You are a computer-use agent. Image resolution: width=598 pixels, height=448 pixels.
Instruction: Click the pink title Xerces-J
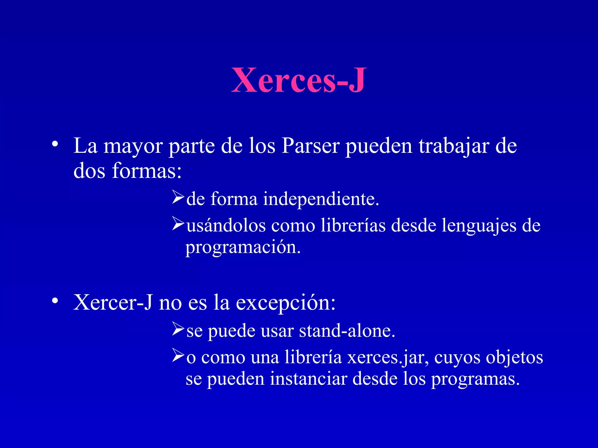pyautogui.click(x=298, y=80)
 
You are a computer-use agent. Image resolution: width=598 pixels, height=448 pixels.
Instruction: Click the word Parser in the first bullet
pyautogui.click(x=310, y=146)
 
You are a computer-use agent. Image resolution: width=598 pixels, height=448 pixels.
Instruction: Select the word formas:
pyautogui.click(x=147, y=171)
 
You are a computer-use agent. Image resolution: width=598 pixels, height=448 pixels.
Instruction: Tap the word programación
pyautogui.click(x=243, y=248)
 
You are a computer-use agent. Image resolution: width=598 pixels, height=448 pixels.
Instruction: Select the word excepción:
pyautogui.click(x=286, y=302)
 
